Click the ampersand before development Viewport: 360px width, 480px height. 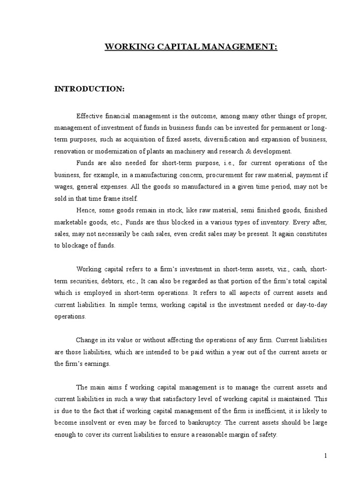[251, 151]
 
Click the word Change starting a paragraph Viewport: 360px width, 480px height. [87, 340]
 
